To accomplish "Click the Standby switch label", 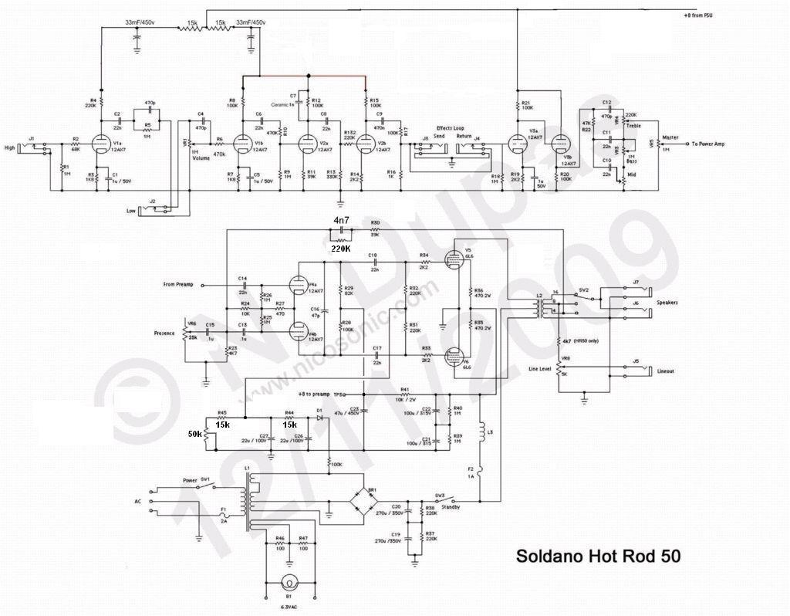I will click(x=451, y=507).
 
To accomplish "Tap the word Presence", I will click(x=164, y=333).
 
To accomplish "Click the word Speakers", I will click(x=667, y=303).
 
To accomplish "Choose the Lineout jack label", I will click(x=665, y=372).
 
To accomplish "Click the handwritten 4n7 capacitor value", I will click(x=340, y=222).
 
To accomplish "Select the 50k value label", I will click(x=194, y=434).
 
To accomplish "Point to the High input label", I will click(x=10, y=147).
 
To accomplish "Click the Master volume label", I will click(x=670, y=137).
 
